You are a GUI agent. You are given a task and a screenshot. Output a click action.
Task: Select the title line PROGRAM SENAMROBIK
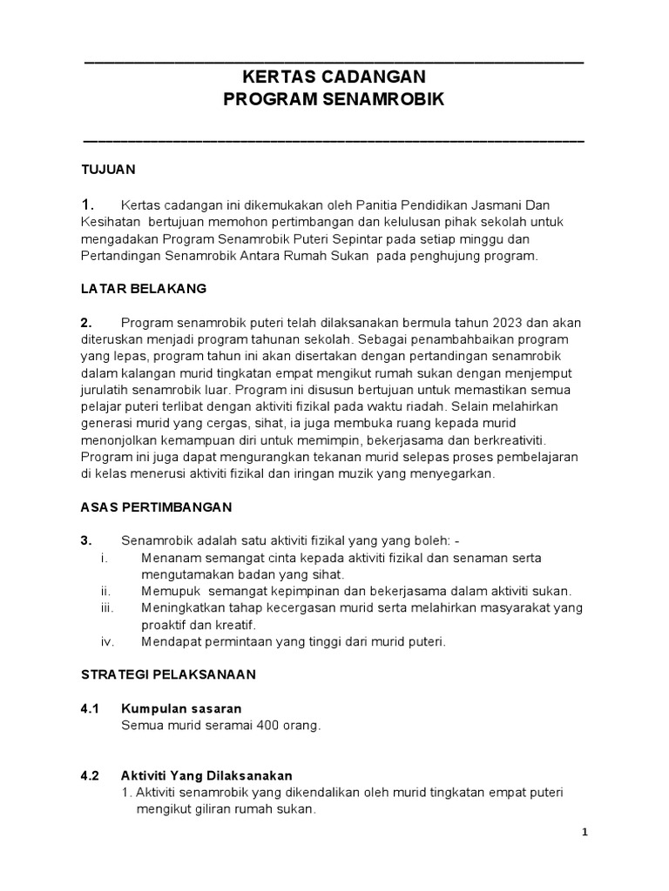334,100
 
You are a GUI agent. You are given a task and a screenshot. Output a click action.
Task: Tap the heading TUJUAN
108,169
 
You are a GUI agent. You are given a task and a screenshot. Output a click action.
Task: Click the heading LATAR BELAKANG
144,288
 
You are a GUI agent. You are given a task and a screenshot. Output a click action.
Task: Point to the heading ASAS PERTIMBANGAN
156,506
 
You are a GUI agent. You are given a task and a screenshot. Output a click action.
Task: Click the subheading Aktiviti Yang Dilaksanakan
206,775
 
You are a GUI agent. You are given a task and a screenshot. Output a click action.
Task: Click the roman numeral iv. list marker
108,641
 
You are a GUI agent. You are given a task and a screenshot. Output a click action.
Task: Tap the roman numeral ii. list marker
106,591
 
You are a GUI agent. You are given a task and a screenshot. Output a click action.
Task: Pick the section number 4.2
91,775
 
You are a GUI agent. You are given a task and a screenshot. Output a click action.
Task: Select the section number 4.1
91,709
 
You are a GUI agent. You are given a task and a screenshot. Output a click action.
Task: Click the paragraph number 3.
86,540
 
